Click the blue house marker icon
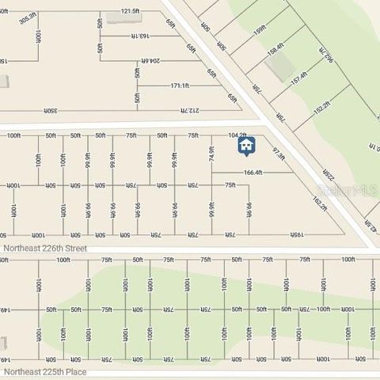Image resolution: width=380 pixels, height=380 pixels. click(x=247, y=146)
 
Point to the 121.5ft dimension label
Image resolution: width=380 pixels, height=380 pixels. click(x=130, y=11)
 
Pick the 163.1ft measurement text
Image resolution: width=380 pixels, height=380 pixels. click(x=139, y=36)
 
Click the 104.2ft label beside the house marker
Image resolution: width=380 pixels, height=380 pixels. click(x=237, y=135)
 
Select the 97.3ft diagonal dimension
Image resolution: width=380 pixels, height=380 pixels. click(x=278, y=153)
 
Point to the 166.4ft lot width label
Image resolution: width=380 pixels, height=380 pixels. click(x=253, y=173)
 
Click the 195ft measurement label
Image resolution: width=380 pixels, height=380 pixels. click(x=296, y=234)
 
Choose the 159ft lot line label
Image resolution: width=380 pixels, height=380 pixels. click(x=260, y=31)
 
